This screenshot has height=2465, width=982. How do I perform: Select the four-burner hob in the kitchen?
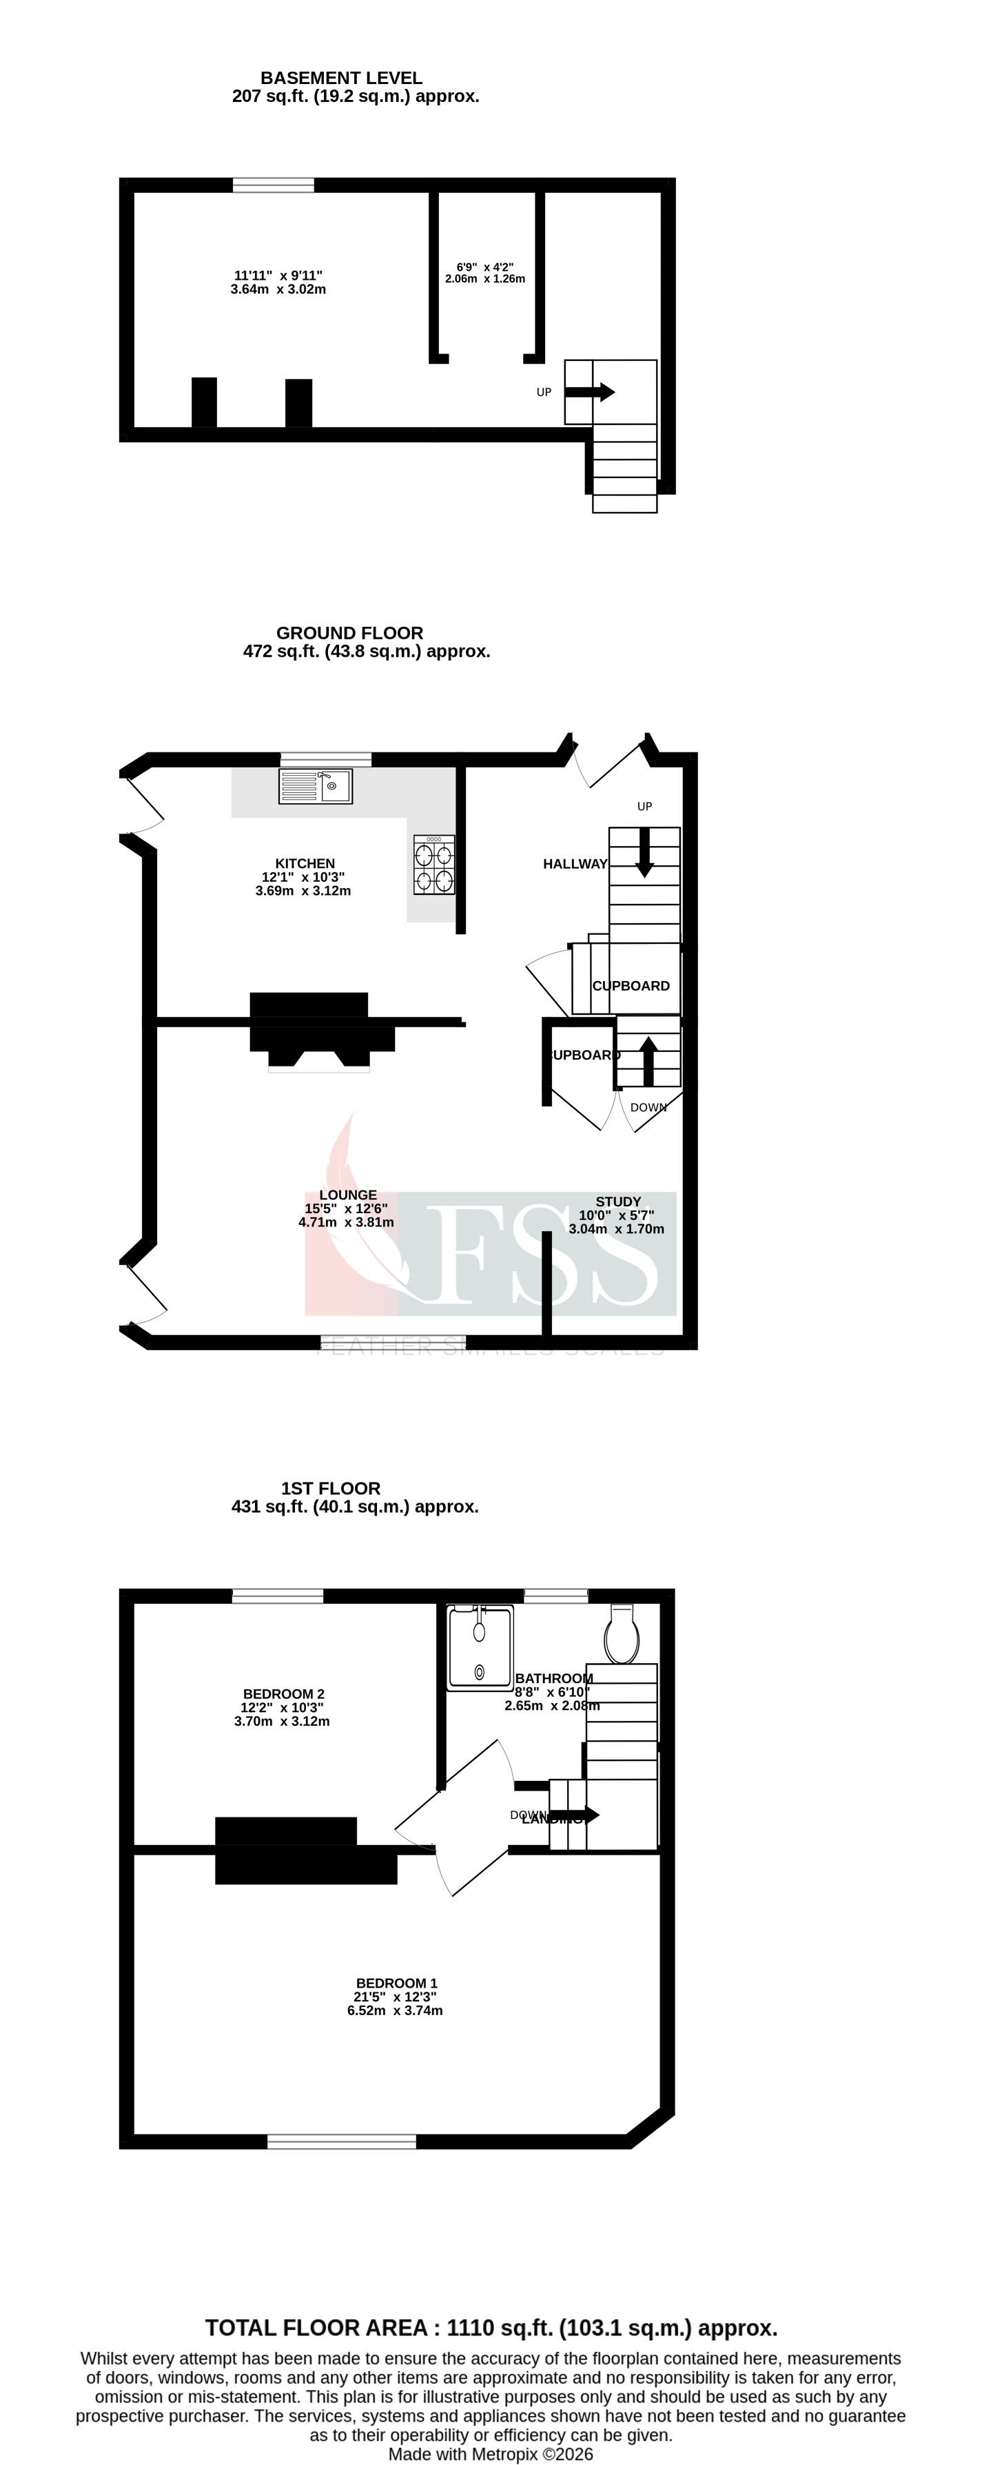(433, 865)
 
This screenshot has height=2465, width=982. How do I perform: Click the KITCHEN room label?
(305, 863)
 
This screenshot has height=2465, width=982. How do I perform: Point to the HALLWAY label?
(574, 864)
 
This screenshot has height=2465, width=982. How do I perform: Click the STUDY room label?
(617, 1202)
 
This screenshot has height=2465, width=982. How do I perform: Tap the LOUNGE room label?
(347, 1195)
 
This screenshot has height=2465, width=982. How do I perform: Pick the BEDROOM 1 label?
(396, 1983)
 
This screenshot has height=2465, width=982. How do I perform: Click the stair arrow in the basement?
(590, 392)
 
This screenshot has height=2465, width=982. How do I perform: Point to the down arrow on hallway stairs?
(644, 852)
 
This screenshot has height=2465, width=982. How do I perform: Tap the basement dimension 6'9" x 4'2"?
(484, 274)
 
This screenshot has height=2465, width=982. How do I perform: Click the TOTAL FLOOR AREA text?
(491, 2328)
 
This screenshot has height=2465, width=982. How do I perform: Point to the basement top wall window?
(273, 185)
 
